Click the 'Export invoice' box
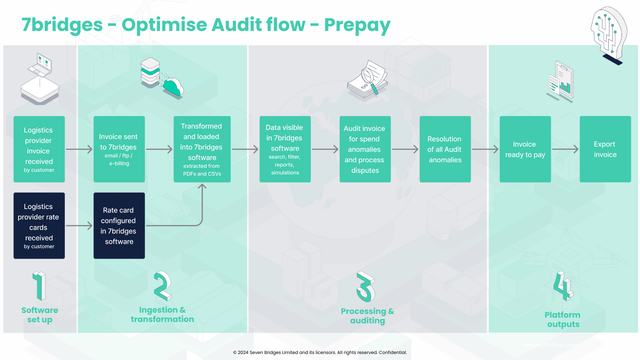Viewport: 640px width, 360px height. tap(605, 149)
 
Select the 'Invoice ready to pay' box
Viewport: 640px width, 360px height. tap(525, 149)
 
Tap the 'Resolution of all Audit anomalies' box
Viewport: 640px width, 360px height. tap(445, 149)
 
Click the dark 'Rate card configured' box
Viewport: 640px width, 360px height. tap(119, 226)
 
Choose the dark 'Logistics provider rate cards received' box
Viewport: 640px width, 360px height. tap(39, 226)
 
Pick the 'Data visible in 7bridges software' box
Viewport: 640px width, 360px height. tap(285, 149)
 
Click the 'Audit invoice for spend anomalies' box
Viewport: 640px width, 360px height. tap(365, 149)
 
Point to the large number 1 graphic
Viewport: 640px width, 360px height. tap(40, 286)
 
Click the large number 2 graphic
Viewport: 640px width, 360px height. tap(162, 286)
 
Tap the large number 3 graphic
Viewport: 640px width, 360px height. tap(366, 287)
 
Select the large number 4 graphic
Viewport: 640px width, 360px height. tap(563, 287)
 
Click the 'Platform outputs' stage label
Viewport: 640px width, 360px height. tap(563, 319)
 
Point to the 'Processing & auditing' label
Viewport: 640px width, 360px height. tap(367, 316)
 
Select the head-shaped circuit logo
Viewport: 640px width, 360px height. tap(609, 33)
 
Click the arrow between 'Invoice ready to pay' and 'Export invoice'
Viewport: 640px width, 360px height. tap(565, 149)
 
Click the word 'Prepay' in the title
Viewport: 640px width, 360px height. tap(357, 25)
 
